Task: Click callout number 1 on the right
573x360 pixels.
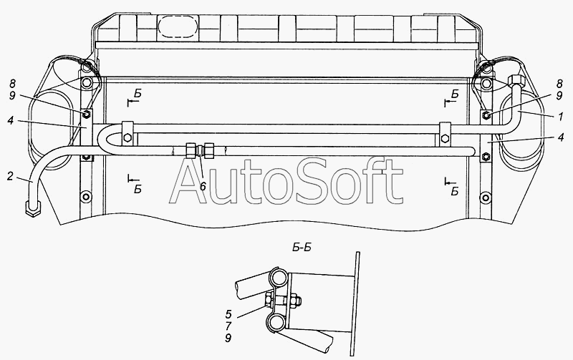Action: click(560, 117)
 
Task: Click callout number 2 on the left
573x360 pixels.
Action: click(10, 177)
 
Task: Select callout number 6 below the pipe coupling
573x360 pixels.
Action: click(203, 186)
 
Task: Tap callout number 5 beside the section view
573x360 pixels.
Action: click(228, 314)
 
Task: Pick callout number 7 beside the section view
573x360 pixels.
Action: click(228, 326)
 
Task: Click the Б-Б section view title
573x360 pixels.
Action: click(302, 248)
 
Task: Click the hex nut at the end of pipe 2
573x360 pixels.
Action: click(33, 210)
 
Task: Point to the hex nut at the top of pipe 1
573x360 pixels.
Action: click(516, 80)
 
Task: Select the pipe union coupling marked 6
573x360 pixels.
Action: click(200, 150)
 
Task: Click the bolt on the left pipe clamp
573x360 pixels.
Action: click(127, 137)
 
